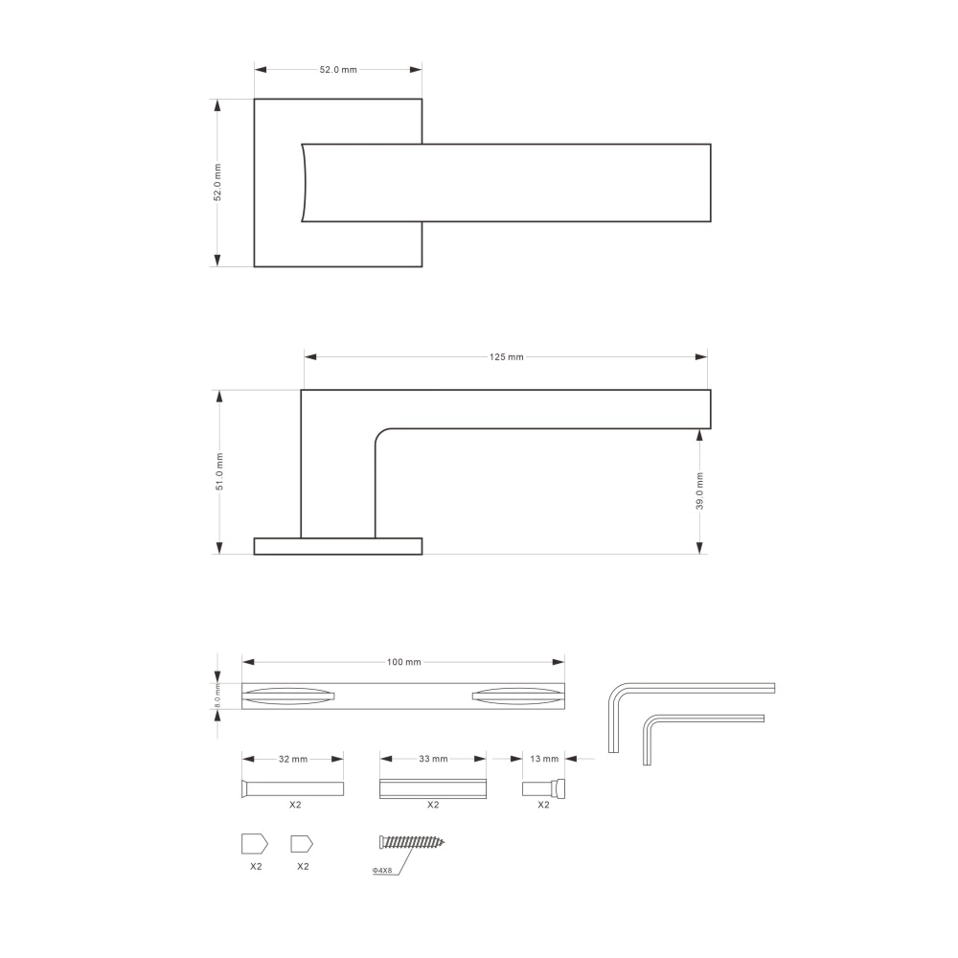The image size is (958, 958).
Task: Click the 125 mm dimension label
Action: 506,356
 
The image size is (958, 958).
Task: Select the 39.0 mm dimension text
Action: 699,490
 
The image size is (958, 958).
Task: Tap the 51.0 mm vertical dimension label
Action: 219,471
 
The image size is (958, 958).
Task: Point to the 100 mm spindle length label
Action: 404,662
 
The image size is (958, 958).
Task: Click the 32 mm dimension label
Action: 292,759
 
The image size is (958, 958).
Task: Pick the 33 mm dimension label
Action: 433,759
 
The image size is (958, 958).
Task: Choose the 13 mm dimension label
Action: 544,759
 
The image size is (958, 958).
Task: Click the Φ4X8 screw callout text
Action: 382,870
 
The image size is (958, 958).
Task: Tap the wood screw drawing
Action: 412,842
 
